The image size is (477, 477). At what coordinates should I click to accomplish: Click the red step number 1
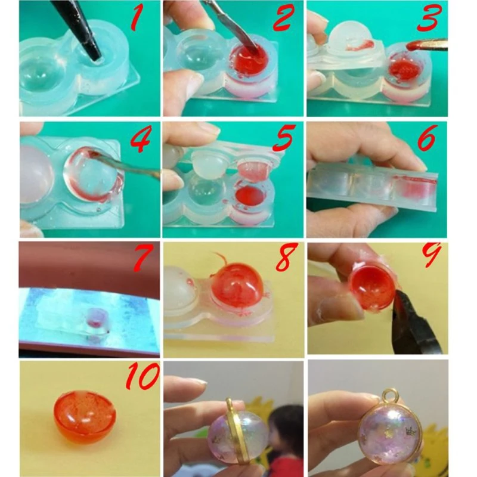coord(137,19)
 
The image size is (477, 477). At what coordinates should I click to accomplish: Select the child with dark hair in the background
coord(285,435)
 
